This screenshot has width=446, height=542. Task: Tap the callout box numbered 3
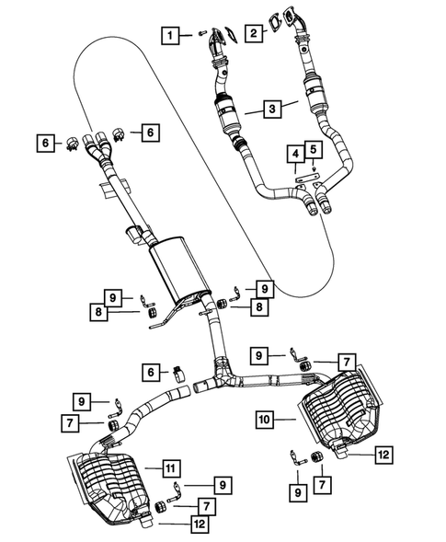tap(272, 110)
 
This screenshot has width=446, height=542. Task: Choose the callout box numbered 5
tap(313, 149)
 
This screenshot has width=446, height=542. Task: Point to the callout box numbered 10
tap(265, 419)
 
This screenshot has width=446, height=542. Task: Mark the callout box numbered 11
tap(170, 467)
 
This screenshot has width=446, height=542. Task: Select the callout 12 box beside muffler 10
tap(383, 453)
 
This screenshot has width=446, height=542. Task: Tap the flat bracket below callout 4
tap(308, 176)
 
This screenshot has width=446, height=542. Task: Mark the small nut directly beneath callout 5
tap(314, 167)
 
